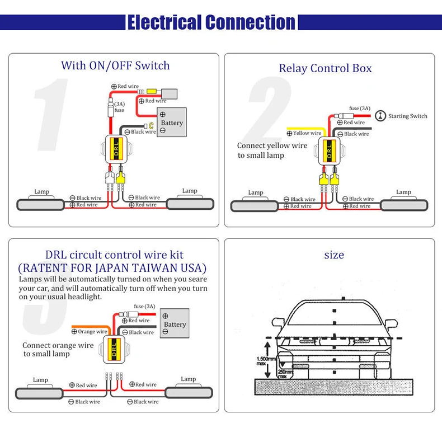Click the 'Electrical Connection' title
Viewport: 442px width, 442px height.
(211, 22)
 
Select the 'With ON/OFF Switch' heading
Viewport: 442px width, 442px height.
(115, 65)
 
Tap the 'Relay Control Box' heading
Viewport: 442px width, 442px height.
(325, 68)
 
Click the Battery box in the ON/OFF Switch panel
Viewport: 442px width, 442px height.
(172, 123)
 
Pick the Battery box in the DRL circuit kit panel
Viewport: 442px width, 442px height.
(175, 323)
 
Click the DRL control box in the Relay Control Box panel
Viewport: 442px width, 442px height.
(329, 152)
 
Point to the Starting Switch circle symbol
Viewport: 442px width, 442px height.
(380, 116)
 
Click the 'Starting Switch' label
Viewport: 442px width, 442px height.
(408, 116)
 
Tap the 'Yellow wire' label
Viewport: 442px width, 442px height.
(304, 133)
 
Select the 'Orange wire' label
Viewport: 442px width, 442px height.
(90, 331)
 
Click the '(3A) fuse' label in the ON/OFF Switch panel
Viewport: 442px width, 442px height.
(119, 107)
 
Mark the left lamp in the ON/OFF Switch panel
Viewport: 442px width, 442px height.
(41, 205)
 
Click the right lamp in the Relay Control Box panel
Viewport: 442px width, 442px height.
(404, 205)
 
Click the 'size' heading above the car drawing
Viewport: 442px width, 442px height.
(334, 255)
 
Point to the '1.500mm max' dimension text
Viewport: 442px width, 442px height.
(266, 361)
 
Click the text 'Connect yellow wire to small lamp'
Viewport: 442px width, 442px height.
(272, 151)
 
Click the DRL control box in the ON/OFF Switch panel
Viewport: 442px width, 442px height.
(116, 149)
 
